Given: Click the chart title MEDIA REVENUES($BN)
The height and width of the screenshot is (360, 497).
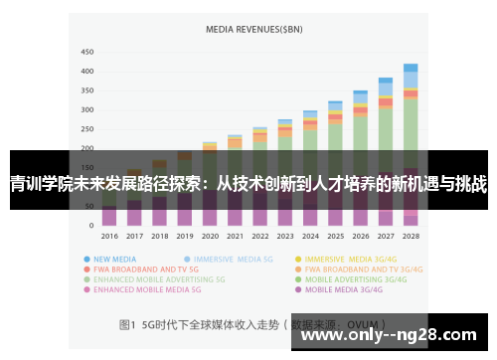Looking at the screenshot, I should point(252,30).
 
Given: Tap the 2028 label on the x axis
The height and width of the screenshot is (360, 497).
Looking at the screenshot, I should point(411,237).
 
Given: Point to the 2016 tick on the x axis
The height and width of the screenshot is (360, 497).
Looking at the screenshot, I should point(109,237).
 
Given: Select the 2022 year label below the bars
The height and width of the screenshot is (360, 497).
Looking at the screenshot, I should point(259,237).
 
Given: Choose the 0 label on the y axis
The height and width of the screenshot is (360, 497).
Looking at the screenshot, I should point(92,226).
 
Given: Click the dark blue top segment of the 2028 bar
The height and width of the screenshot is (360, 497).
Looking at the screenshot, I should point(411,68).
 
